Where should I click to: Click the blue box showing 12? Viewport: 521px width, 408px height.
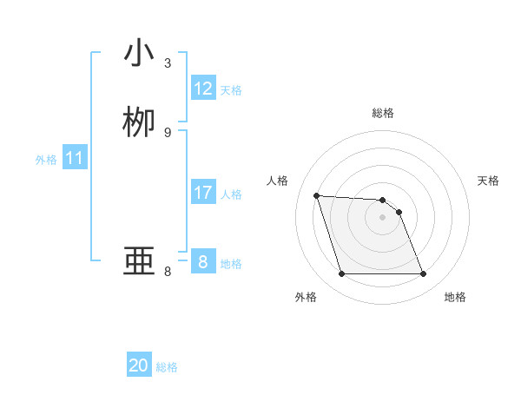coord(203,89)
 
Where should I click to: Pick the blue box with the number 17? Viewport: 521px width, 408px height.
coord(203,193)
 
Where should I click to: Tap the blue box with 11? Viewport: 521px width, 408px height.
coord(75,159)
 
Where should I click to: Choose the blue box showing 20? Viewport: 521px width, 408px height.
coord(139,365)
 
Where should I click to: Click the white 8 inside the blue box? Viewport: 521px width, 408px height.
coord(203,262)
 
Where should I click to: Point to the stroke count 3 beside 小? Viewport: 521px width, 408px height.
coord(168,63)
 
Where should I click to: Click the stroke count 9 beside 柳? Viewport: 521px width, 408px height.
coord(168,132)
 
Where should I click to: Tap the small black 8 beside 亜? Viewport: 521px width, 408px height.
coord(168,272)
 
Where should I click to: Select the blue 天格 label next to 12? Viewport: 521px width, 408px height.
coord(231,90)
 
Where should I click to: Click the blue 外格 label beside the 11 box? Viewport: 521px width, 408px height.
coord(46,160)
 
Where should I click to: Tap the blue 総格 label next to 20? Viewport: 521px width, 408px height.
coord(167,367)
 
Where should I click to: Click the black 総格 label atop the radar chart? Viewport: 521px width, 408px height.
coord(383,113)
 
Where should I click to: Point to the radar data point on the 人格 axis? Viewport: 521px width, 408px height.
coord(317,195)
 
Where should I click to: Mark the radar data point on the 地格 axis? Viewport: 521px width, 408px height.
coord(423,274)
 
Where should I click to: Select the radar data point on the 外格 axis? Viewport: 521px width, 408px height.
coord(341,274)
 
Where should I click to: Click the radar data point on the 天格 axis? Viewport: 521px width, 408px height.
coord(399,212)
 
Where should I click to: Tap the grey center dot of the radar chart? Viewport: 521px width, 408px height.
coord(382,217)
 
